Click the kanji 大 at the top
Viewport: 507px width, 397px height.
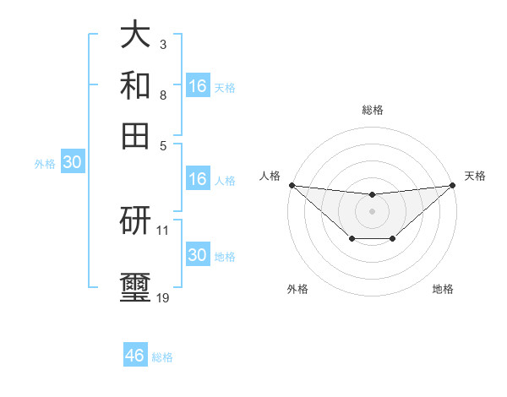(x=135, y=35)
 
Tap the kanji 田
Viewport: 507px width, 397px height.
(x=135, y=134)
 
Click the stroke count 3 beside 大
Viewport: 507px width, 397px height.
(x=162, y=43)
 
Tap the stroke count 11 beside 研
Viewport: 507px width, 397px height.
(x=162, y=230)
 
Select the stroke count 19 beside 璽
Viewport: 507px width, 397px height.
(x=162, y=297)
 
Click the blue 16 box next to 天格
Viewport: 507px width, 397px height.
(x=198, y=86)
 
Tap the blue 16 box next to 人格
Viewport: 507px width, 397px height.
(x=198, y=179)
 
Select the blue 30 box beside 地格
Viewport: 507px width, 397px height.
(x=198, y=255)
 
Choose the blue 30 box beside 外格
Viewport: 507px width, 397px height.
(x=72, y=163)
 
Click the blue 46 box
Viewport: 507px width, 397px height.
(x=135, y=356)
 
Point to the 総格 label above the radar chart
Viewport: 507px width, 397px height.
(x=372, y=110)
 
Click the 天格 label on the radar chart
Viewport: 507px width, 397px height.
(x=475, y=176)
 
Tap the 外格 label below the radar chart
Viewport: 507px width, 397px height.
(x=297, y=289)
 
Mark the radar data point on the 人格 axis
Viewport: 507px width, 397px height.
(x=292, y=185)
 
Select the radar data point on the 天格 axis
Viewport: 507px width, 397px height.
(x=452, y=185)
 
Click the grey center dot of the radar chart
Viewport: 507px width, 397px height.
(x=372, y=211)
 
